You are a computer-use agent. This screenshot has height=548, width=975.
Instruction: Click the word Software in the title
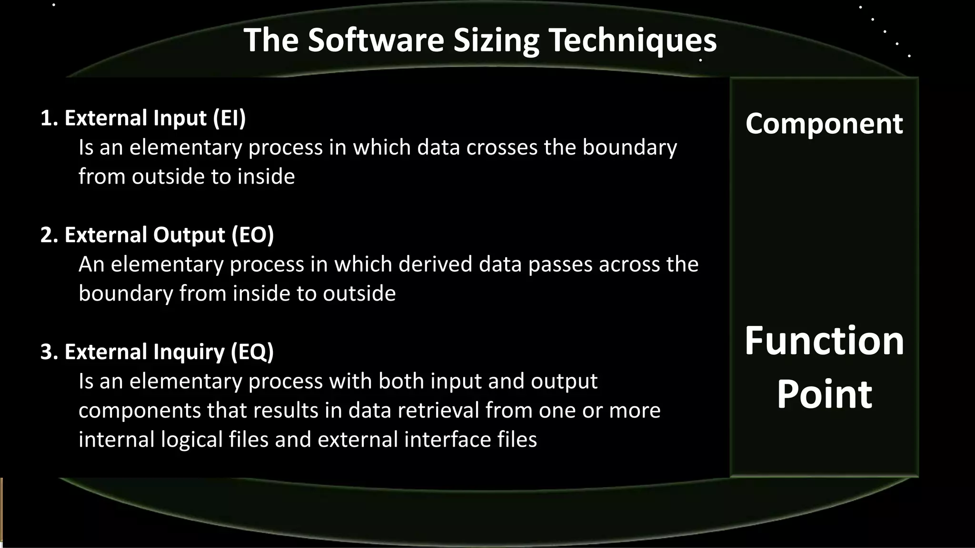tap(376, 40)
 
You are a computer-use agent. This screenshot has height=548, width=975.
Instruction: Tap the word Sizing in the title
tap(496, 41)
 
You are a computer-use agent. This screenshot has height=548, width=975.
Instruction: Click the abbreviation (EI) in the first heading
tap(229, 118)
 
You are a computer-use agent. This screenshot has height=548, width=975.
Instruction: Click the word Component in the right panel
tap(824, 124)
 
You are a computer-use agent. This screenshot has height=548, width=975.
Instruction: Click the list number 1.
tap(48, 118)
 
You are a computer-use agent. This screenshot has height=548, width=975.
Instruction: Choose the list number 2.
tap(48, 235)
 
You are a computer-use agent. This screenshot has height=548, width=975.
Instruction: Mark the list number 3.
tap(48, 352)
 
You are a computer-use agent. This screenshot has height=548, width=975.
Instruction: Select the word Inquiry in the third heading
tap(189, 352)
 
